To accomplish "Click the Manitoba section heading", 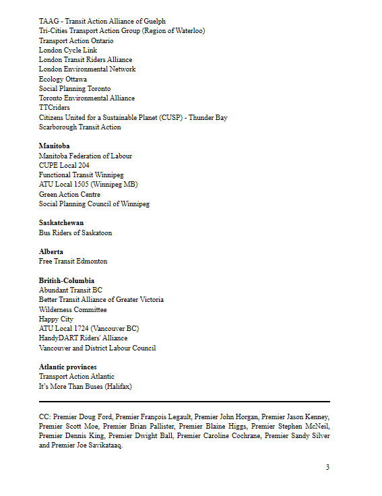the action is pos(54,146).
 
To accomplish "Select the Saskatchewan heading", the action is pos(61,223).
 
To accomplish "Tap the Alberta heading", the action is pos(51,251).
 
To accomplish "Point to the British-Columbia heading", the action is pos(67,280).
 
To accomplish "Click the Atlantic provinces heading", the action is pos(67,367).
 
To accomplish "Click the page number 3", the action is pos(327,467).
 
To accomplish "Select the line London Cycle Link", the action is pos(68,50).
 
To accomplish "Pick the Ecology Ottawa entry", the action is pos(63,79).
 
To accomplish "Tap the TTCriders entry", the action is pos(54,108).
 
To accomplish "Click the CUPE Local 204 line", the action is pos(64,165).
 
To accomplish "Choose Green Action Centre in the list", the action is pos(69,194).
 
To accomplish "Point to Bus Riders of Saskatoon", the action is pos(75,232).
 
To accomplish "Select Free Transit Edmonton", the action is pos(73,261).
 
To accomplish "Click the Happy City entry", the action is pos(56,319).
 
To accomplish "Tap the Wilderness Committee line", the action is pos(73,309).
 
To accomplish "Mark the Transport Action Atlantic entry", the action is pos(77,376).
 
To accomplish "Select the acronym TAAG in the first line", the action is pos(49,22).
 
